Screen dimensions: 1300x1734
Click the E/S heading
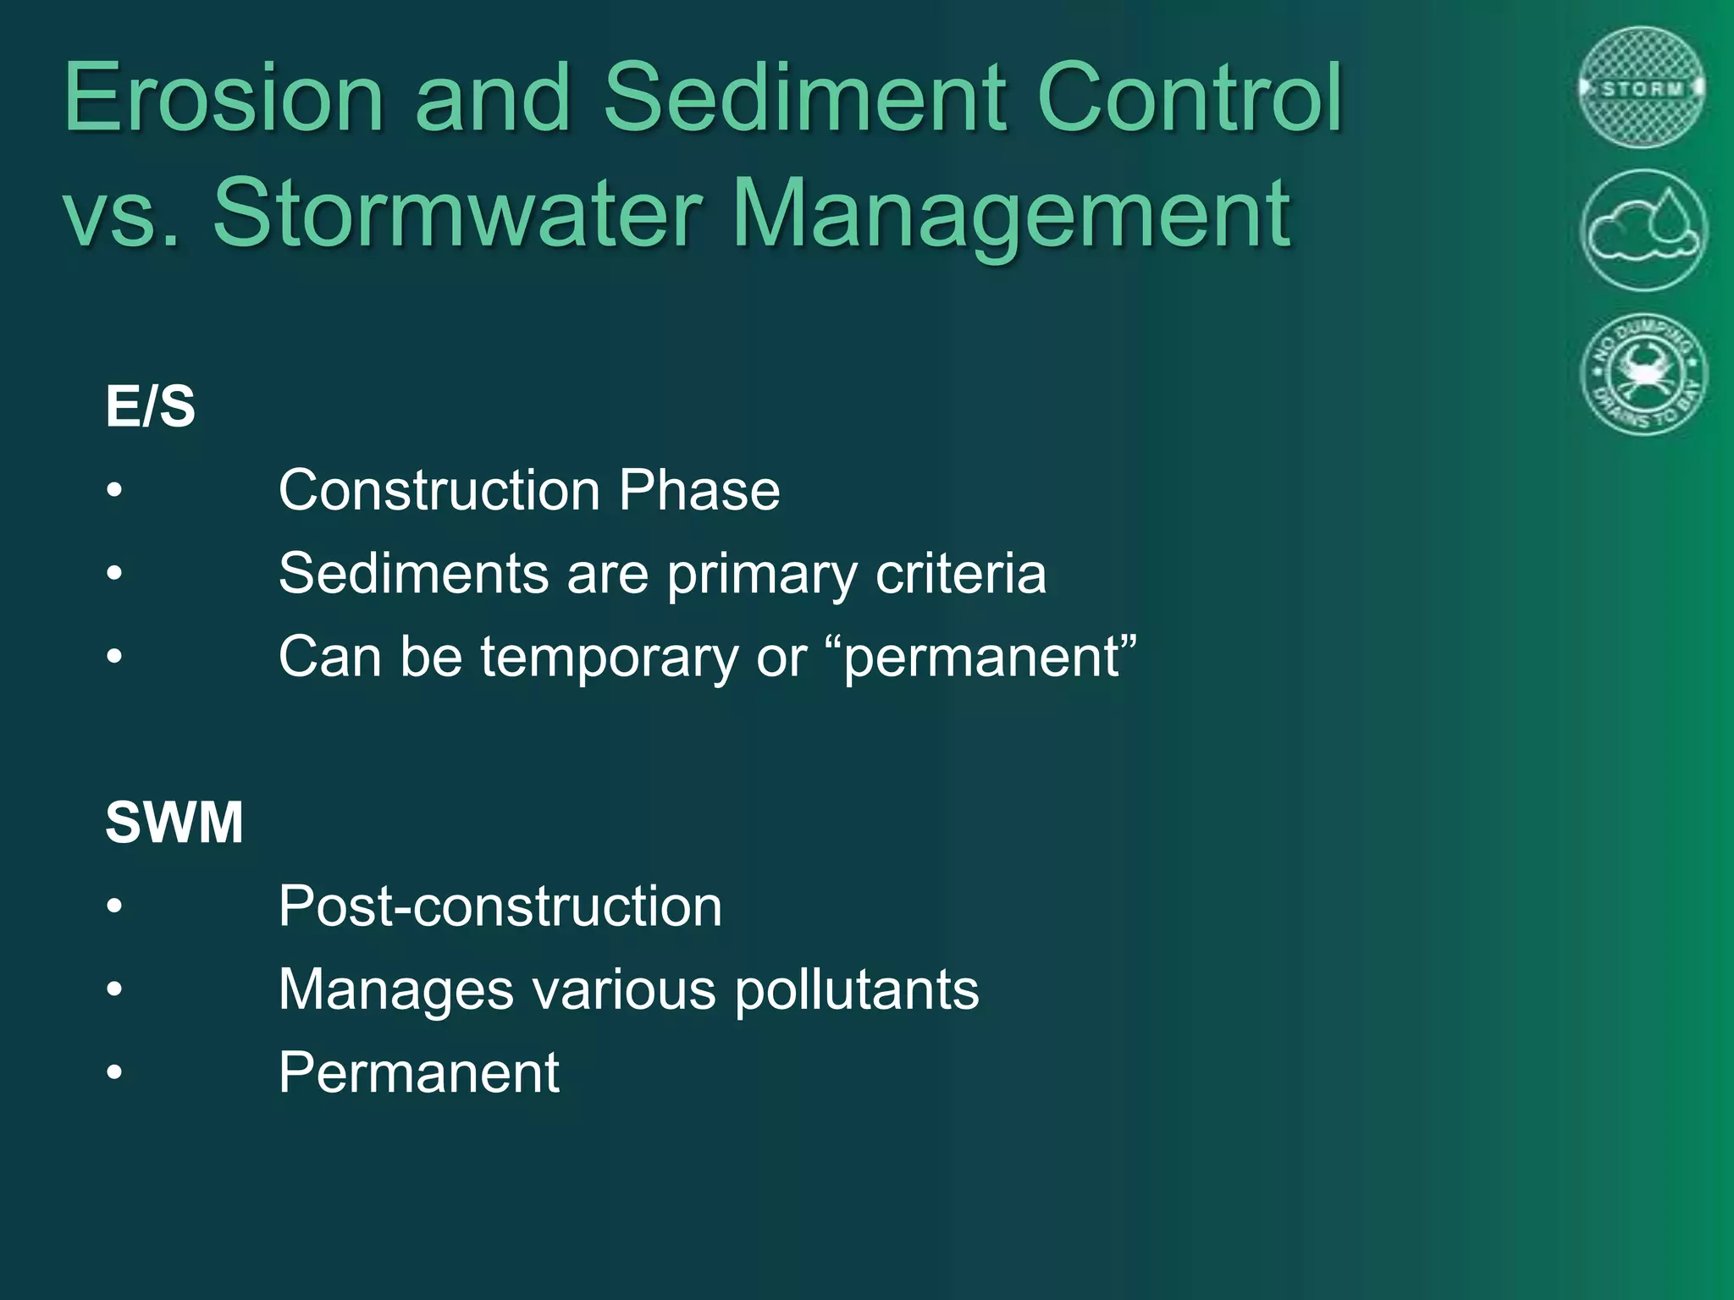(151, 406)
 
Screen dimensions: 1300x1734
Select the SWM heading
(174, 822)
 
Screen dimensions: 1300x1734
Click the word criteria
(961, 573)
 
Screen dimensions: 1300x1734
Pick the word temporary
(610, 658)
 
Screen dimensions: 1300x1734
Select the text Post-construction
(500, 906)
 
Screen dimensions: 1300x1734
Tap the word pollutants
(856, 989)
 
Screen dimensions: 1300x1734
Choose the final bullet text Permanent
(419, 1072)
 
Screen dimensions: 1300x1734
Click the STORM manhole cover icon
(1643, 88)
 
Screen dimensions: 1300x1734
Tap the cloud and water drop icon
(1643, 230)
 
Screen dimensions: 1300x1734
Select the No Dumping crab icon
(1643, 373)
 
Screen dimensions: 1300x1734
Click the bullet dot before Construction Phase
(115, 491)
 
